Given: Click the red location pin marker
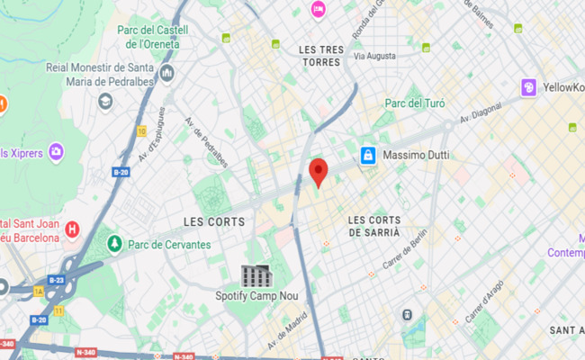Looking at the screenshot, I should click(318, 171).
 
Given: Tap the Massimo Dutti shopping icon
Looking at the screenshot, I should click(367, 156).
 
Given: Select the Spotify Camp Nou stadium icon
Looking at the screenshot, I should click(256, 275).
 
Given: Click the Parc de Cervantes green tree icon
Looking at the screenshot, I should click(114, 244).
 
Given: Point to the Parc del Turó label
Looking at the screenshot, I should click(415, 103).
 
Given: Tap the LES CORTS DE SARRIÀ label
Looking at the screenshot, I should click(373, 225).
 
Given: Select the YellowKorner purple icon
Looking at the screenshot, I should click(529, 87).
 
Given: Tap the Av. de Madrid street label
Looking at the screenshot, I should click(287, 331).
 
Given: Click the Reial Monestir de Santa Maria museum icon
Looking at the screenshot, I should click(166, 72).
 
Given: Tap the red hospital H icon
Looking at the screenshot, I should click(73, 229).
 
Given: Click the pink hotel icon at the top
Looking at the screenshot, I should click(318, 9).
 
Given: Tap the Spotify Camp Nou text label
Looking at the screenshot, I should click(256, 295).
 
